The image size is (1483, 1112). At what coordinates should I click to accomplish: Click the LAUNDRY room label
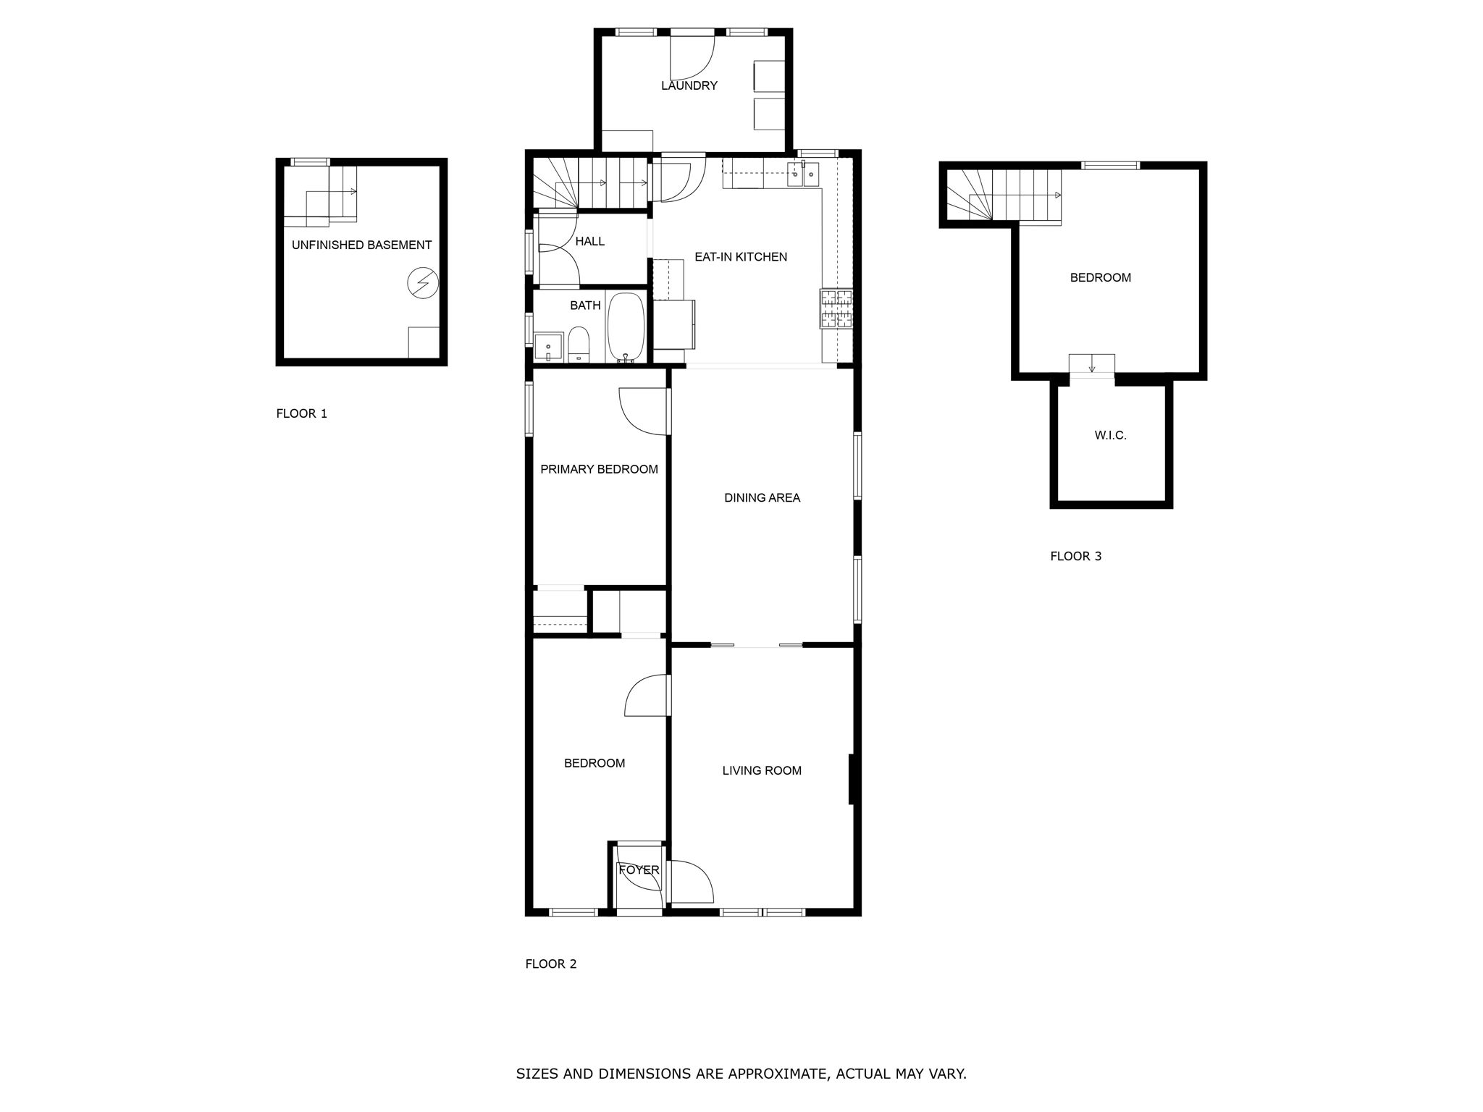tap(689, 85)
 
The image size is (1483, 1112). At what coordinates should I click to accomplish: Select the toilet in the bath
tap(579, 345)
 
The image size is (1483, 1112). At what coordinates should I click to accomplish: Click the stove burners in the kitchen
tap(836, 308)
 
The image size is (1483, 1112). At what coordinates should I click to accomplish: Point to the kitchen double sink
tap(804, 172)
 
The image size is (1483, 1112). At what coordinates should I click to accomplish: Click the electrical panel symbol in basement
tap(423, 282)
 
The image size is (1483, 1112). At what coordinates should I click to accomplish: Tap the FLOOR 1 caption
tap(301, 413)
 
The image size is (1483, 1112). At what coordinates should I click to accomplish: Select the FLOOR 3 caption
tap(1075, 556)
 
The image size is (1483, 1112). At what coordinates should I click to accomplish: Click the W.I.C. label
tap(1110, 436)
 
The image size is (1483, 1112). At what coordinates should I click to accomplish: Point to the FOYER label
tap(639, 869)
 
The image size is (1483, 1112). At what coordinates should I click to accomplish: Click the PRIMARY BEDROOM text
tap(599, 469)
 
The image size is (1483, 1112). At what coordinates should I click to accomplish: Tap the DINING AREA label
tap(762, 497)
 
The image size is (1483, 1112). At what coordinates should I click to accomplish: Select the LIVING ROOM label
tap(762, 770)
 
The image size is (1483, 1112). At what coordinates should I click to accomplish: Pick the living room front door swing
tap(692, 882)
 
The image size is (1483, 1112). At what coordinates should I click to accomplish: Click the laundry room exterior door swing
tap(692, 58)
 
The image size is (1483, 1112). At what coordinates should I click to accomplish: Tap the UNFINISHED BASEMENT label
tap(361, 245)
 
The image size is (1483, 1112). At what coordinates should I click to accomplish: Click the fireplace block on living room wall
tap(853, 779)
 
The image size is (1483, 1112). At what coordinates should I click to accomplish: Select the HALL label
tap(589, 241)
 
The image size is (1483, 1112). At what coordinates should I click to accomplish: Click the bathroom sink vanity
tap(548, 347)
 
